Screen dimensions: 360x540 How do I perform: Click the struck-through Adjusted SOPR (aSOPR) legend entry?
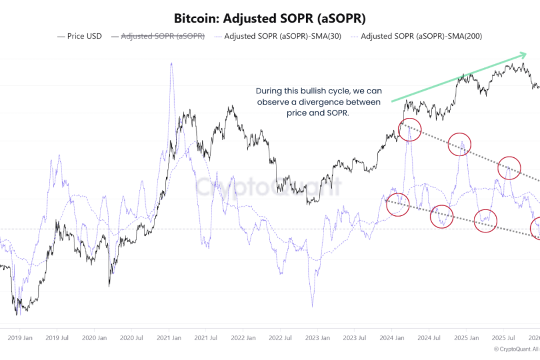pyautogui.click(x=162, y=36)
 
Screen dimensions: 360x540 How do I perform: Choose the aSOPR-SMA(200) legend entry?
pyautogui.click(x=421, y=36)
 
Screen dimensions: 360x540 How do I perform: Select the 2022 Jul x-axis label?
pyautogui.click(x=279, y=337)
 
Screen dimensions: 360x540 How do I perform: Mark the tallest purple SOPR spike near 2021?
pyautogui.click(x=171, y=64)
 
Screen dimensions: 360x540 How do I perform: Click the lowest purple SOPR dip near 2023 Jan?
pyautogui.click(x=312, y=305)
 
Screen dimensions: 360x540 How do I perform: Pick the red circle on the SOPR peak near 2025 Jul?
pyautogui.click(x=509, y=168)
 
